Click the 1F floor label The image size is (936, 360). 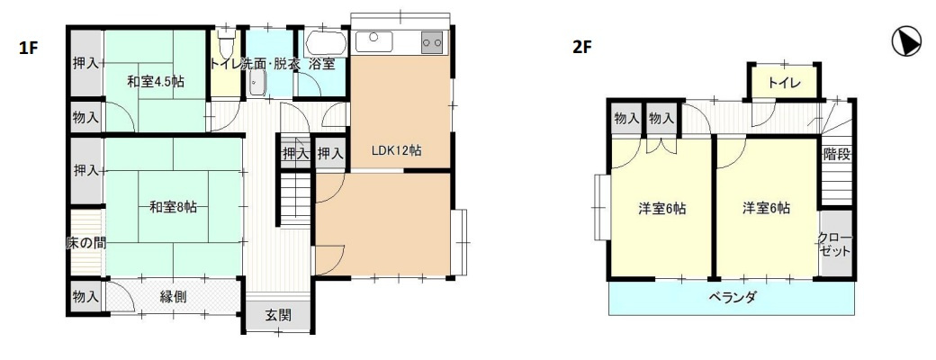[x=28, y=49]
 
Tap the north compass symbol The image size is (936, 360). [x=906, y=42]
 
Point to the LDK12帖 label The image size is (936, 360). [x=396, y=151]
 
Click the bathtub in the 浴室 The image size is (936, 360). [x=325, y=43]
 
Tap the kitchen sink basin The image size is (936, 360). [x=373, y=41]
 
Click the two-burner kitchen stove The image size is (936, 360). [x=433, y=41]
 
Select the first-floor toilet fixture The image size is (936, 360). [x=225, y=42]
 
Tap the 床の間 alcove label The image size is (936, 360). [x=86, y=242]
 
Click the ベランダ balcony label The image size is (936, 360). [x=733, y=297]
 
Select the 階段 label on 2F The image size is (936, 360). [x=836, y=154]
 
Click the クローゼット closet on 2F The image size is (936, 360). [x=835, y=244]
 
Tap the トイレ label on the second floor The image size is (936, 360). [x=785, y=83]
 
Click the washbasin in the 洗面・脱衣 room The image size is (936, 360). [x=257, y=84]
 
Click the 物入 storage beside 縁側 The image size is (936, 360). [x=86, y=297]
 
